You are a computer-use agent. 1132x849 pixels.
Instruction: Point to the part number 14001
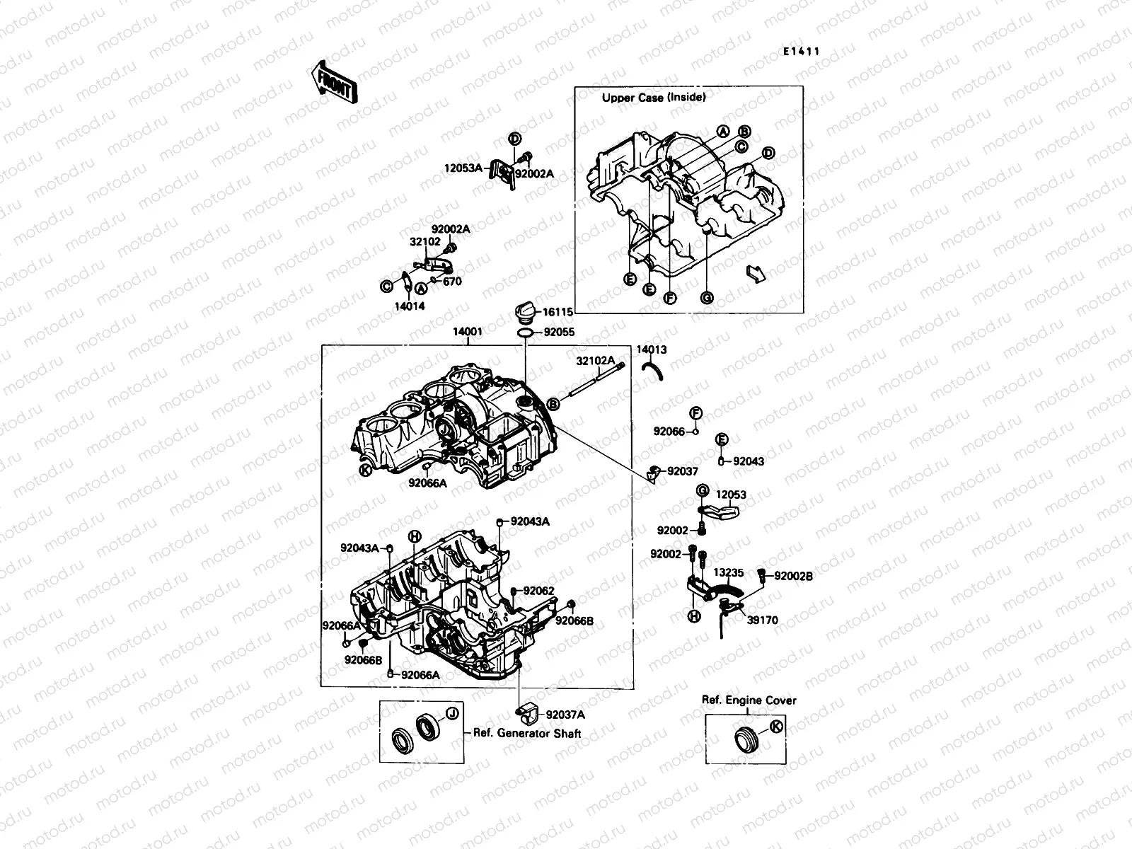[468, 330]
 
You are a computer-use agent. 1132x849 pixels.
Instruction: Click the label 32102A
[595, 360]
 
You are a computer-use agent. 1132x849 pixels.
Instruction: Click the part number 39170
[763, 620]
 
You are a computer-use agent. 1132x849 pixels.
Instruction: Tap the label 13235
[728, 572]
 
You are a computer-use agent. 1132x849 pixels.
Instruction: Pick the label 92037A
[565, 715]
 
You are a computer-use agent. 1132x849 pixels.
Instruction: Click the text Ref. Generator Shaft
[527, 734]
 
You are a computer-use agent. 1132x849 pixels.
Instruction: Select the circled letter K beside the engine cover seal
[776, 726]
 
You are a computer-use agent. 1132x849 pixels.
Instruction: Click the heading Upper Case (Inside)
[653, 98]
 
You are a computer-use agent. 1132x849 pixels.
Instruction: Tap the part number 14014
[410, 306]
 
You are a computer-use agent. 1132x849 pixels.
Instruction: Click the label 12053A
[463, 168]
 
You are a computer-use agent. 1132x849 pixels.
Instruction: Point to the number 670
[452, 281]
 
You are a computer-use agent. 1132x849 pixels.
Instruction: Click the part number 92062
[539, 591]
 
